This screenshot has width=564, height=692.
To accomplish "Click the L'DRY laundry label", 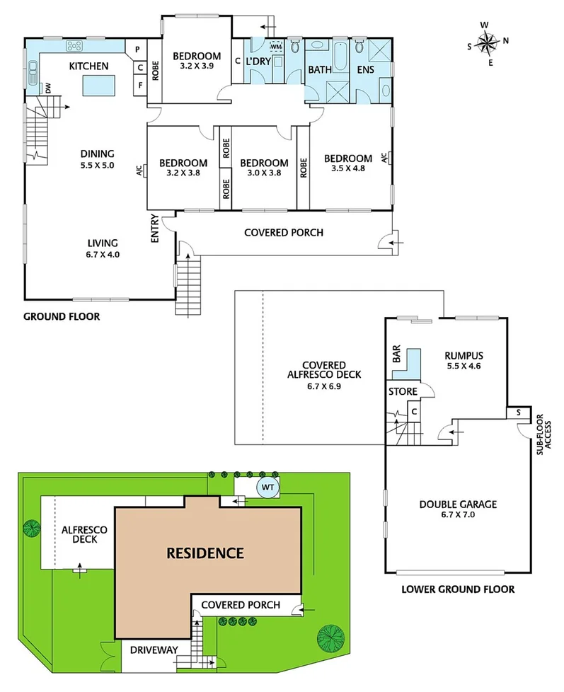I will click(x=260, y=62).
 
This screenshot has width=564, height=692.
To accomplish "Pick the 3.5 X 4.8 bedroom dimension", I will click(x=347, y=168).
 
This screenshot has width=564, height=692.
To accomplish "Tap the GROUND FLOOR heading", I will click(x=62, y=317).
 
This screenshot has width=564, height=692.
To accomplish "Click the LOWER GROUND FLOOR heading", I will click(x=457, y=589).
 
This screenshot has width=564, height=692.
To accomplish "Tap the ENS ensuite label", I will click(x=365, y=70).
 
